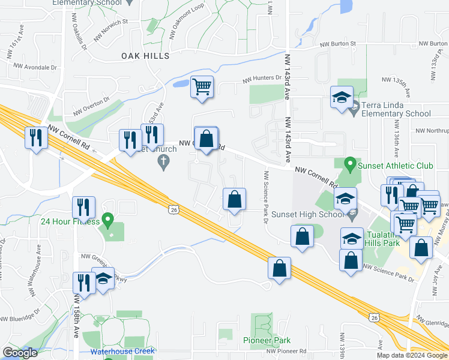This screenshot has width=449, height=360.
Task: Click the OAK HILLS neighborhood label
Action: click(x=145, y=56)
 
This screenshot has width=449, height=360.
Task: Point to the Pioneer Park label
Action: click(x=267, y=340)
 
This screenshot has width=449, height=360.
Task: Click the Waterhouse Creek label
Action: click(x=122, y=351)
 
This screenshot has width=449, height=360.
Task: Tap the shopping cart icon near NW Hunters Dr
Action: click(x=202, y=87)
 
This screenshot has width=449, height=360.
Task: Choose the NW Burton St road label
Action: click(x=338, y=44)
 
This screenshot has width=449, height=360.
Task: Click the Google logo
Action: click(x=20, y=353)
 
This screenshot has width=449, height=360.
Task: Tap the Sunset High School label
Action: click(x=308, y=214)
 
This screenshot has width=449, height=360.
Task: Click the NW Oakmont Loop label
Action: click(x=186, y=27)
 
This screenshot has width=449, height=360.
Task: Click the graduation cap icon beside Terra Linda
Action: click(x=342, y=98)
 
